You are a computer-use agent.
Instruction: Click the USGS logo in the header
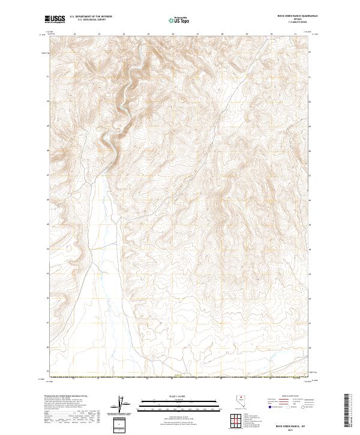click(x=55, y=19)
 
